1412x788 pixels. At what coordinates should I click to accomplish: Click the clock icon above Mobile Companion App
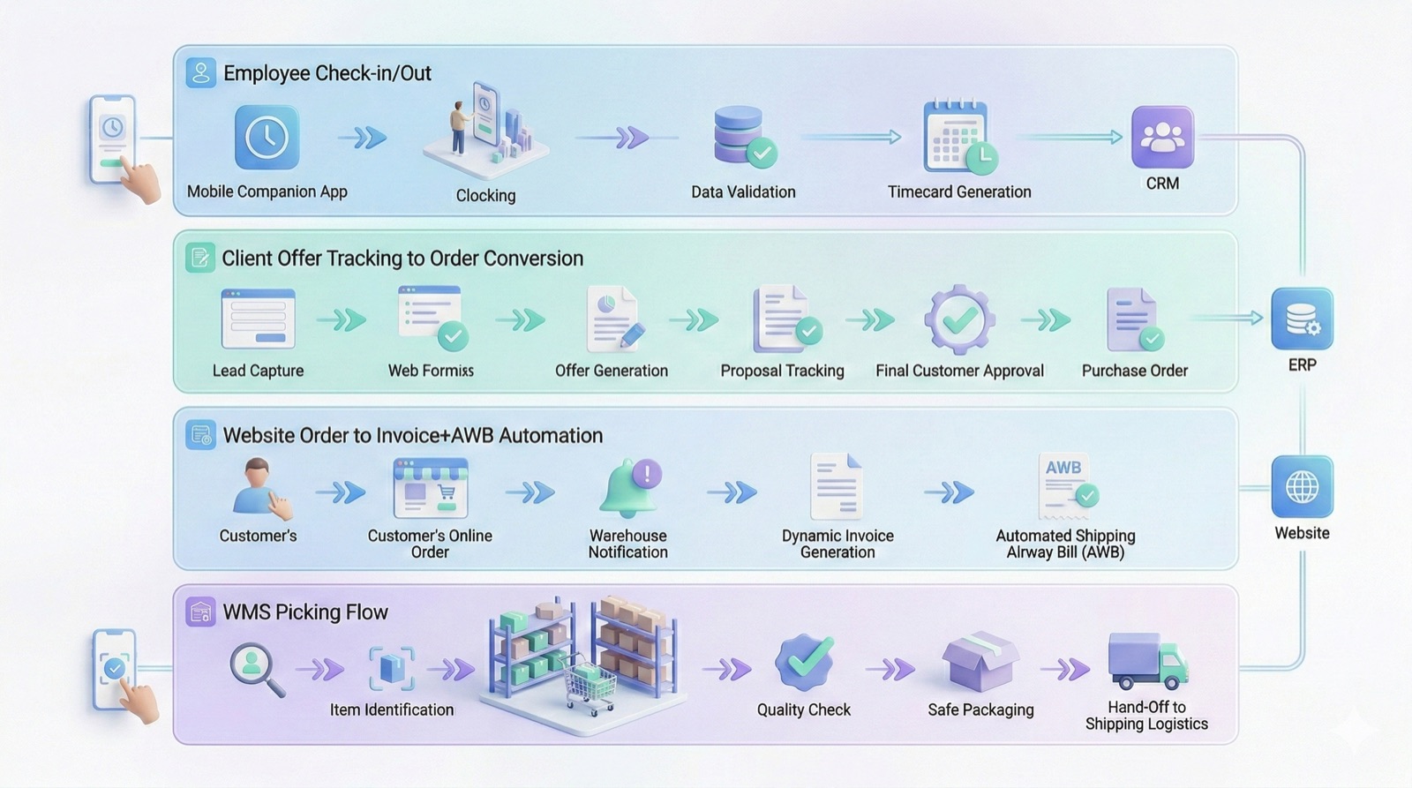coord(267,138)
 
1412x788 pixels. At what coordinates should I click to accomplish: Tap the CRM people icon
coord(1162,137)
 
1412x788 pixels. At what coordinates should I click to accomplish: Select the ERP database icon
coord(1302,319)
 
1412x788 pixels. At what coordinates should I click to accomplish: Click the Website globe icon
coord(1302,486)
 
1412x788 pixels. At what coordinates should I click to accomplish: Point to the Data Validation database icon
coord(742,137)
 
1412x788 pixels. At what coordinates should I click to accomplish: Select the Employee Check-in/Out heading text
coord(327,73)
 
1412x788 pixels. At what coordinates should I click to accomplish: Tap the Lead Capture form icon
coord(258,319)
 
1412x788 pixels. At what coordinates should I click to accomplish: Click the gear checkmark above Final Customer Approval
coord(959,319)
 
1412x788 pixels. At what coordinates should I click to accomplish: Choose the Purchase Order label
coord(1134,371)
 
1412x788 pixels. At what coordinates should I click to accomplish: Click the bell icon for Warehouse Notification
coord(629,487)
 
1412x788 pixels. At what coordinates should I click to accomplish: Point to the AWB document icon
coord(1066,485)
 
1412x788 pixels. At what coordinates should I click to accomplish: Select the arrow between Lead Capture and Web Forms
coord(342,319)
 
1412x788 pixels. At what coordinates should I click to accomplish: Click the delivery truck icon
coord(1146,661)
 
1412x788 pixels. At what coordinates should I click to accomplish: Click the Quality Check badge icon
coord(804,663)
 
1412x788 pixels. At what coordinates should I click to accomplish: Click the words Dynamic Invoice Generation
coord(837,544)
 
